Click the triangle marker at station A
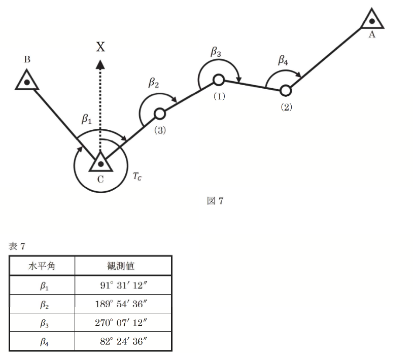coord(372,20)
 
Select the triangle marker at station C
coord(100,162)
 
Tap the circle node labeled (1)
coord(218,80)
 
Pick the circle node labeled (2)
coord(286,90)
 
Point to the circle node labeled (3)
coord(159,113)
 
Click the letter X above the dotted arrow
coord(100,47)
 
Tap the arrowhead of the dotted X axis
coord(100,64)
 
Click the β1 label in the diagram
coord(87,119)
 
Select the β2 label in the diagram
coord(154,83)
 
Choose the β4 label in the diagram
coord(283,60)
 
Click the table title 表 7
coord(17,246)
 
